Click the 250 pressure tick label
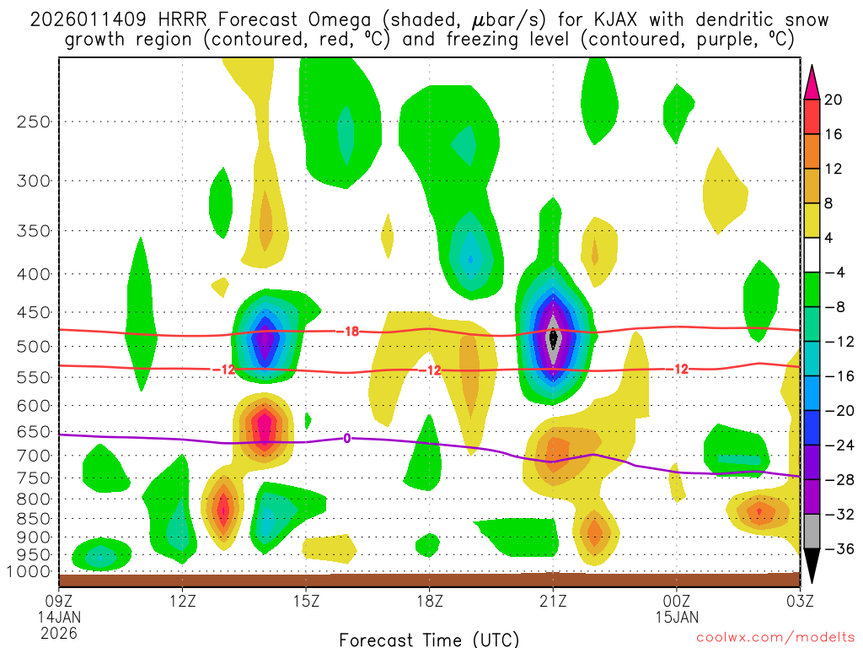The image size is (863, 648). (x=33, y=121)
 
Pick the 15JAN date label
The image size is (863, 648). (x=677, y=617)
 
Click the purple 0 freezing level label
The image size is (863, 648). (x=346, y=437)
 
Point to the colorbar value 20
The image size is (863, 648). (x=834, y=100)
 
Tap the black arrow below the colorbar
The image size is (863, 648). (x=813, y=567)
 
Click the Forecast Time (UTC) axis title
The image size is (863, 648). (x=429, y=639)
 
